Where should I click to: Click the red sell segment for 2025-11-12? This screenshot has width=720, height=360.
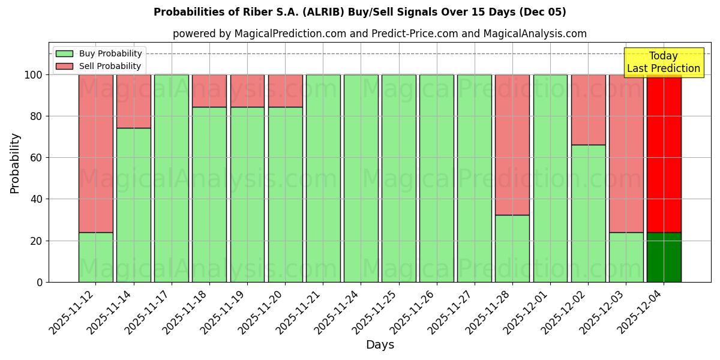tap(96, 153)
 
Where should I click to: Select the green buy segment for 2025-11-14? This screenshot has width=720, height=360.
tap(134, 205)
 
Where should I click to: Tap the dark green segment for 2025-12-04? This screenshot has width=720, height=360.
tap(664, 257)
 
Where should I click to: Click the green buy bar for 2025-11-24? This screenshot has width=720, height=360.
tap(361, 178)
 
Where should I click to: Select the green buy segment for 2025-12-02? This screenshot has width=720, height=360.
tap(588, 213)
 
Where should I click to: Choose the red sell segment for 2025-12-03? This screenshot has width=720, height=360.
tap(626, 153)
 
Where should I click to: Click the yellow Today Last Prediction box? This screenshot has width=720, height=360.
tap(664, 62)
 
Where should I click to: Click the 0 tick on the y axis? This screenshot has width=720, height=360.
tap(40, 282)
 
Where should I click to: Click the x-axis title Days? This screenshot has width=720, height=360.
tap(380, 345)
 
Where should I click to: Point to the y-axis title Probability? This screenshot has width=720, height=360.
tap(15, 163)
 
